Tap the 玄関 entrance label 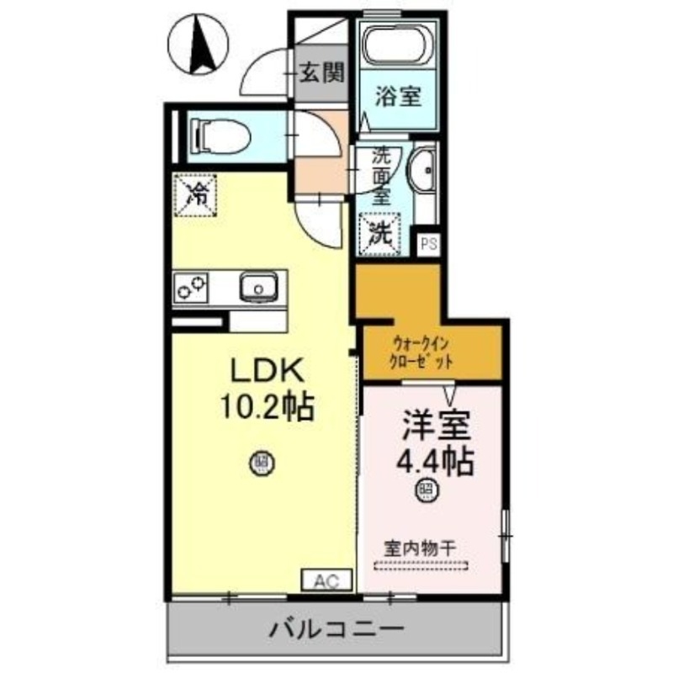[322, 73]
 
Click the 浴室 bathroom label [398, 97]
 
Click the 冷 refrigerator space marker [196, 195]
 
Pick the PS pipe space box [429, 244]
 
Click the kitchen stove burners [193, 288]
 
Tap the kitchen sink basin [257, 288]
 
